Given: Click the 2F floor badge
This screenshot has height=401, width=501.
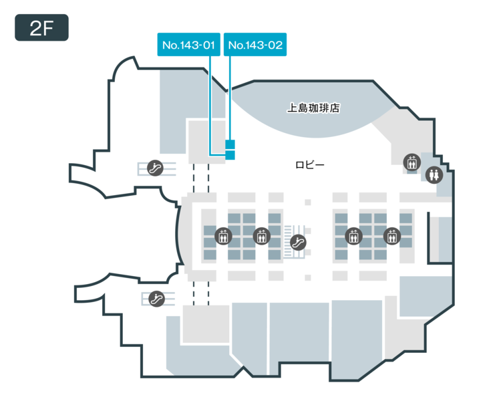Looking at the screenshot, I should tap(41, 27).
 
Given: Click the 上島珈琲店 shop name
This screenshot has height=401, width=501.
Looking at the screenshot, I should tap(313, 107).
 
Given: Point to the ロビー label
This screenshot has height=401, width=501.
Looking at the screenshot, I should tap(310, 164).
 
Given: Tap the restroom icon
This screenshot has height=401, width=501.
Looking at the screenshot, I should tap(434, 174).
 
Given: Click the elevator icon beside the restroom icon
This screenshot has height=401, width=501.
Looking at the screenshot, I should tap(411, 161).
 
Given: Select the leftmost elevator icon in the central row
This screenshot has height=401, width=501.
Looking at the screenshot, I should tap(223, 236).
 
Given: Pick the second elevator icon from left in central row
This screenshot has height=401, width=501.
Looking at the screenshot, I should tap(261, 236).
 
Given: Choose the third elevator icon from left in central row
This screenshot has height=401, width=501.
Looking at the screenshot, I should tap(353, 236).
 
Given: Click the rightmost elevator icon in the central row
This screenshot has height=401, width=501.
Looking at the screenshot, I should tap(391, 236).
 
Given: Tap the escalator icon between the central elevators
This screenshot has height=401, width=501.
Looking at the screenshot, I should tap(299, 242).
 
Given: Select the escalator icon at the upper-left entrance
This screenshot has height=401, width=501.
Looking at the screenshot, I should tap(156, 167).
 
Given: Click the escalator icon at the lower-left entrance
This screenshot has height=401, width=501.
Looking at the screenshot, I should tap(156, 298).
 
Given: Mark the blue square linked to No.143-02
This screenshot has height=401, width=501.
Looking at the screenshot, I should tap(230, 144).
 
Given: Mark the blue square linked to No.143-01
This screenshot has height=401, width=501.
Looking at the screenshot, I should tap(230, 155).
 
